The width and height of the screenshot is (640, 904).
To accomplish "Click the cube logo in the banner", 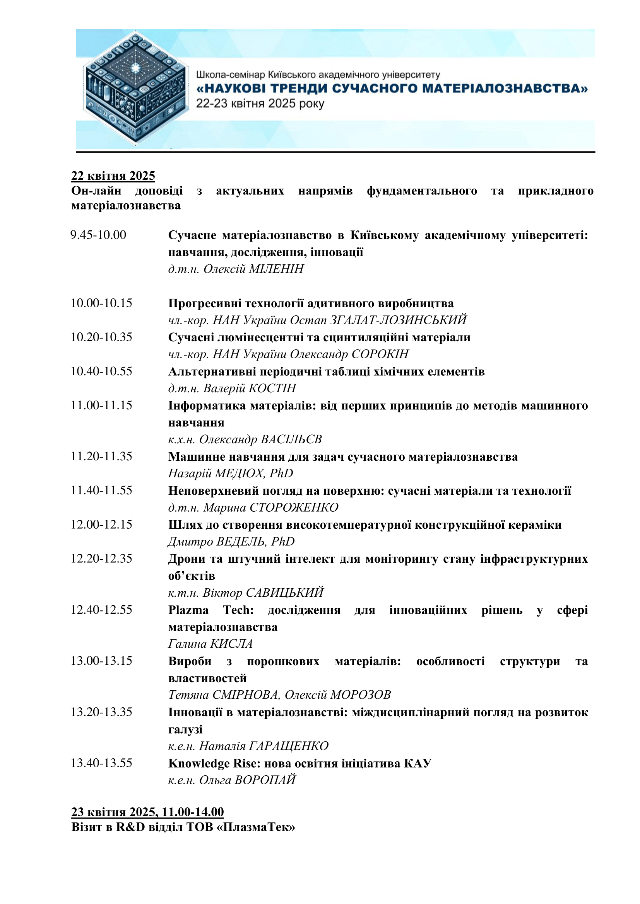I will click(135, 88).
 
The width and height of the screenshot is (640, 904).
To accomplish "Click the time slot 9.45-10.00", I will click(98, 235).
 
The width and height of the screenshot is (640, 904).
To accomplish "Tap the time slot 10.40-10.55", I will click(101, 371).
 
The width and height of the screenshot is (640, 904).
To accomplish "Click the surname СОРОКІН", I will click(380, 354).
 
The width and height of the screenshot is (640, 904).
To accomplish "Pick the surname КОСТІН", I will click(272, 388).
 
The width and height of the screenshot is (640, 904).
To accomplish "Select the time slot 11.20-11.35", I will click(101, 456).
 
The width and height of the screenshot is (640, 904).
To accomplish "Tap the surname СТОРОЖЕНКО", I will click(294, 507).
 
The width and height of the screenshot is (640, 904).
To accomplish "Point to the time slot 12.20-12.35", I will click(101, 559).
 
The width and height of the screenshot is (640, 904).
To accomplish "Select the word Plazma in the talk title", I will click(188, 610).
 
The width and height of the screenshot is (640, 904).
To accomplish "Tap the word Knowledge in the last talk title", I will click(199, 764).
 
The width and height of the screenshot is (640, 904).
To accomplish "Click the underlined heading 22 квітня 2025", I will click(113, 175).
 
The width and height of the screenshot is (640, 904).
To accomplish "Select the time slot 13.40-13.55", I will click(101, 763).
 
